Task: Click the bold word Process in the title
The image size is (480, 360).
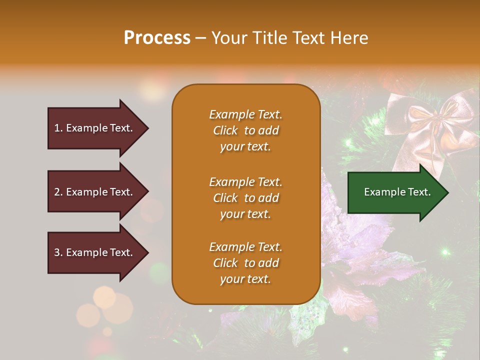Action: click(x=157, y=38)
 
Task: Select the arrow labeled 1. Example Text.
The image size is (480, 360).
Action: click(x=95, y=128)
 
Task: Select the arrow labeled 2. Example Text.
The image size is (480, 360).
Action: click(x=95, y=192)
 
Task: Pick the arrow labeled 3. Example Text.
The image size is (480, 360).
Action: click(x=95, y=252)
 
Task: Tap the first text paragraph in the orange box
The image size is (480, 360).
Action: click(x=245, y=130)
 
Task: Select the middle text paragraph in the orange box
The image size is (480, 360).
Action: click(x=245, y=198)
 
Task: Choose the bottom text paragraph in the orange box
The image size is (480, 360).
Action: click(x=245, y=263)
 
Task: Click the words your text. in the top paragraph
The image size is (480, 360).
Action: click(x=245, y=147)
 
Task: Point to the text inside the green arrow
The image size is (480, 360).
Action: click(x=397, y=192)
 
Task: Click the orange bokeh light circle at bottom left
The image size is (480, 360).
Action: click(x=105, y=297)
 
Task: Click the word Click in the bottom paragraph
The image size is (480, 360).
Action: click(x=225, y=263)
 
